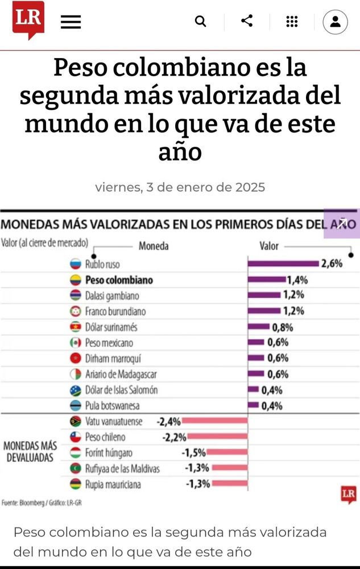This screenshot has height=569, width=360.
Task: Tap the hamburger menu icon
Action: (x=71, y=22)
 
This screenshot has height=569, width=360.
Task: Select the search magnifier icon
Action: (x=200, y=22)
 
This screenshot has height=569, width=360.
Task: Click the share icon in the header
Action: (x=247, y=21)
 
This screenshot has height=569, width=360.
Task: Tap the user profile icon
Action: (x=335, y=22)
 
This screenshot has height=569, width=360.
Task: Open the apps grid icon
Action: (x=292, y=22)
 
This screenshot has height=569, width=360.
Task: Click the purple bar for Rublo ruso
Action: (x=283, y=263)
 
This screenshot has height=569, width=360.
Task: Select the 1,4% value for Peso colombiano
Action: (x=297, y=279)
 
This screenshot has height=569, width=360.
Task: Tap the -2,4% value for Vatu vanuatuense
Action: (x=169, y=422)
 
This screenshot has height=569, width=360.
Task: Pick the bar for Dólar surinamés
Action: (x=259, y=327)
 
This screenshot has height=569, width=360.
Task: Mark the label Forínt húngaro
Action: (x=109, y=453)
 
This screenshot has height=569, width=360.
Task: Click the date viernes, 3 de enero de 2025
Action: (x=180, y=187)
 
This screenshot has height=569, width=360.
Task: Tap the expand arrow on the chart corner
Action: (x=342, y=222)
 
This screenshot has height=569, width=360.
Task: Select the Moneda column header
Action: (x=154, y=246)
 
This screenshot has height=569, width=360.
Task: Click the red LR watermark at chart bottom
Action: (x=349, y=494)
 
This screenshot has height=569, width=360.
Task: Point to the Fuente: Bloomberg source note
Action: (x=35, y=503)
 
